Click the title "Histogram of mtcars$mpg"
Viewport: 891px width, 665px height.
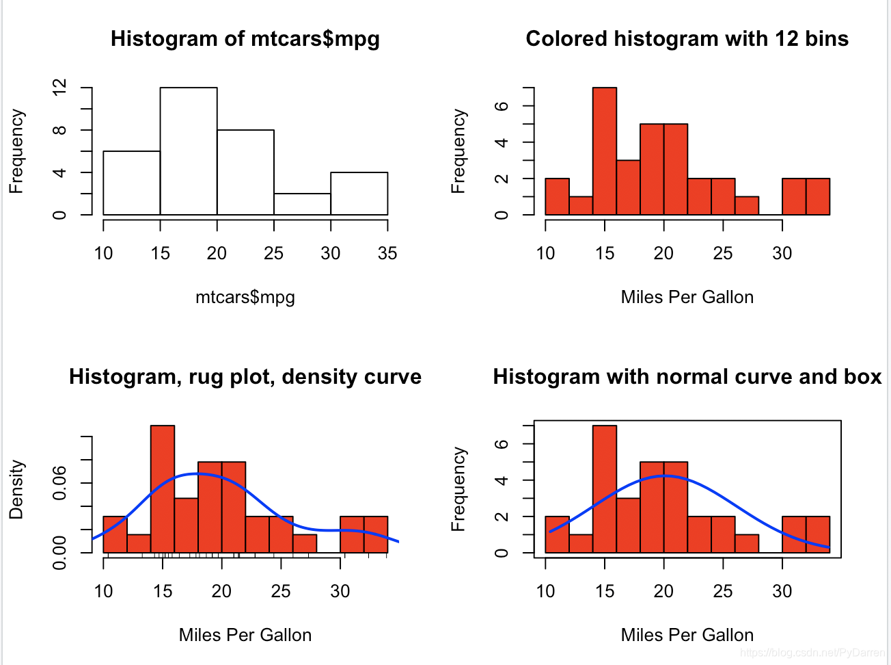pyautogui.click(x=245, y=39)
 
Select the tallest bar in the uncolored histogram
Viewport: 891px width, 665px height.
pyautogui.click(x=189, y=151)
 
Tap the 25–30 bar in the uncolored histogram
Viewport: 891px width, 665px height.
pyautogui.click(x=302, y=204)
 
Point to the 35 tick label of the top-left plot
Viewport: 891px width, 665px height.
pyautogui.click(x=387, y=254)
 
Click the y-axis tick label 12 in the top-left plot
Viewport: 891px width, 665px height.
pyautogui.click(x=60, y=88)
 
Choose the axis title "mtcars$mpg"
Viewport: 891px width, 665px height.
pyautogui.click(x=245, y=298)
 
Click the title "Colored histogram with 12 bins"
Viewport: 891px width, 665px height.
pyautogui.click(x=687, y=39)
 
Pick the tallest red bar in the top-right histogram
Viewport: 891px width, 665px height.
pyautogui.click(x=604, y=151)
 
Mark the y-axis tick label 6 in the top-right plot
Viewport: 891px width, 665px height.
pyautogui.click(x=502, y=106)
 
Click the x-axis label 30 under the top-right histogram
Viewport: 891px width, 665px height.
pyautogui.click(x=782, y=254)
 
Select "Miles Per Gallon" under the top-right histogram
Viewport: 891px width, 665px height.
pyautogui.click(x=687, y=298)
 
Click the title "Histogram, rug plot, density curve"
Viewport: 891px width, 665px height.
pyautogui.click(x=245, y=377)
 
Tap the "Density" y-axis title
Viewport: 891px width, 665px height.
pyautogui.click(x=16, y=490)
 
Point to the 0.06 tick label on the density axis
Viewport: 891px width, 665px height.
pyautogui.click(x=60, y=483)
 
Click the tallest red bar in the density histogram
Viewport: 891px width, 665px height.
pyautogui.click(x=163, y=488)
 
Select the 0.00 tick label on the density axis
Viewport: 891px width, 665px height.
pyautogui.click(x=60, y=552)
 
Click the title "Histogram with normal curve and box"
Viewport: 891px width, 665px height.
pyautogui.click(x=687, y=377)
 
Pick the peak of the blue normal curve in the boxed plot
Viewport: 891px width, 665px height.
pyautogui.click(x=663, y=475)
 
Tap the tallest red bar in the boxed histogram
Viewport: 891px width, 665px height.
pyautogui.click(x=604, y=488)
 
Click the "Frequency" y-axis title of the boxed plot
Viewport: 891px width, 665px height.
pyautogui.click(x=458, y=490)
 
